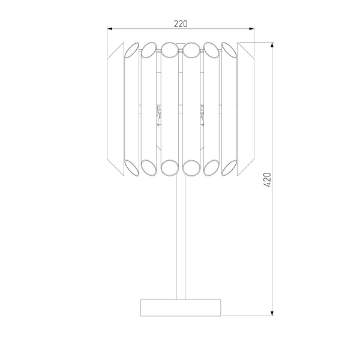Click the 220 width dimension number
click(181, 24)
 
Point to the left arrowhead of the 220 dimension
click(110, 28)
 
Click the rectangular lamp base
click(181, 307)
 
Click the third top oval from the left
click(169, 48)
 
